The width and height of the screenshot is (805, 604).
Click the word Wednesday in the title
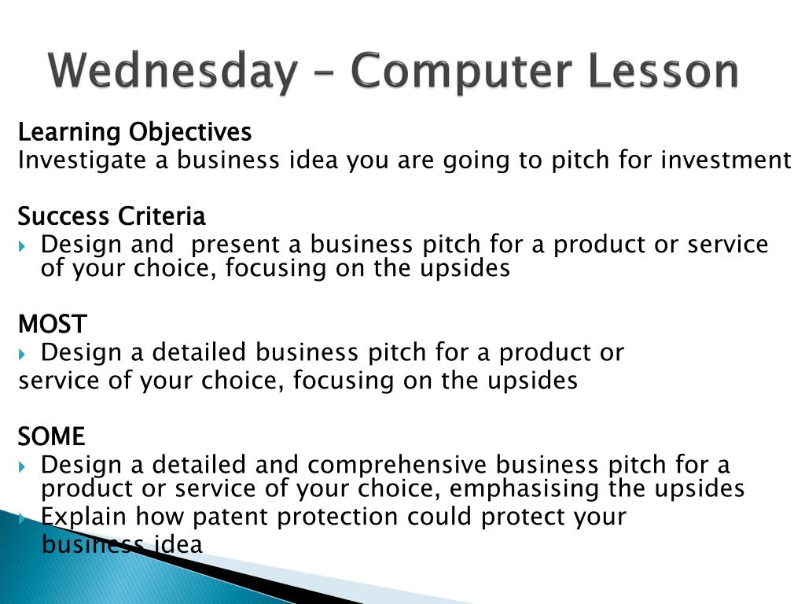[x=173, y=71]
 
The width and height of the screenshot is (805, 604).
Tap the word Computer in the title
[x=461, y=71]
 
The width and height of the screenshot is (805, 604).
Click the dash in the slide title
[x=325, y=72]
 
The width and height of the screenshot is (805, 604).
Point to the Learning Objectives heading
[x=134, y=132]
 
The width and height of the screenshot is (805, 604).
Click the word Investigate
[x=82, y=160]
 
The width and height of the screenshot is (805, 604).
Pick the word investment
[x=726, y=160]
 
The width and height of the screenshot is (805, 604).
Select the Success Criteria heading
[x=112, y=216]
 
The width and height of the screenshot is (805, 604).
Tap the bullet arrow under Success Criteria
[x=21, y=246]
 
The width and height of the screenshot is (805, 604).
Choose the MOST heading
[x=53, y=324]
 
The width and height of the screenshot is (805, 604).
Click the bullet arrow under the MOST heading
[x=21, y=355]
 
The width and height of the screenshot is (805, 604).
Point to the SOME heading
[x=51, y=436]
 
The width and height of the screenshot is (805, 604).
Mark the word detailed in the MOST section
[x=199, y=353]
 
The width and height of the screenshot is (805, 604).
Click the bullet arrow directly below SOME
[x=21, y=467]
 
